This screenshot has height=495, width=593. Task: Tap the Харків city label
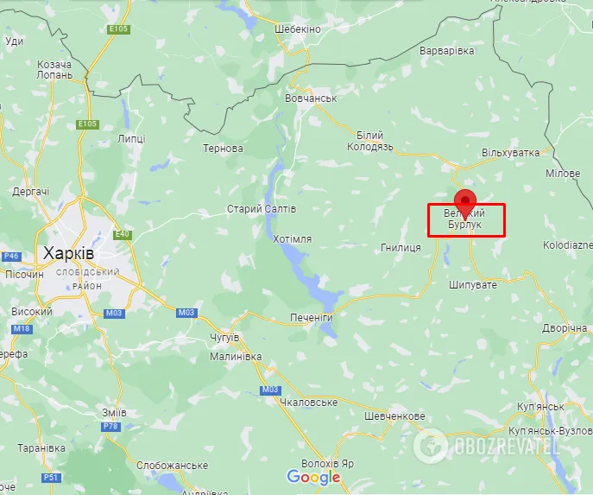tap(69, 253)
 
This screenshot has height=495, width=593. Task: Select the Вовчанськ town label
tap(310, 98)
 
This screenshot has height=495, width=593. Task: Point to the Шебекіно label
tap(298, 29)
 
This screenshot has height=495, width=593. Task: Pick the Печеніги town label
tap(311, 318)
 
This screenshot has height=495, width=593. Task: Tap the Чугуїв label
tap(224, 337)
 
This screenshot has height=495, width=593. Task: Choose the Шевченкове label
tap(394, 416)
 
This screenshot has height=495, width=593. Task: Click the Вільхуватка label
tap(511, 152)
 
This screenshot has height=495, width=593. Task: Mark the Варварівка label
tap(446, 51)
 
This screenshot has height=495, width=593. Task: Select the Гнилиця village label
tap(401, 248)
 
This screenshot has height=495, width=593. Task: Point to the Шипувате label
tap(473, 284)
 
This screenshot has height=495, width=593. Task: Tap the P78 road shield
tap(110, 427)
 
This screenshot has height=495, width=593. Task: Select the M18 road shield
tap(21, 328)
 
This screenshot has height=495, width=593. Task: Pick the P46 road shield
tap(11, 257)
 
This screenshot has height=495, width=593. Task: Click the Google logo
tap(314, 477)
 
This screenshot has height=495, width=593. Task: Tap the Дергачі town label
tap(31, 192)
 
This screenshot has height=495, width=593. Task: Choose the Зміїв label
tap(114, 413)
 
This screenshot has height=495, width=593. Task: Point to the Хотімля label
tap(292, 238)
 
